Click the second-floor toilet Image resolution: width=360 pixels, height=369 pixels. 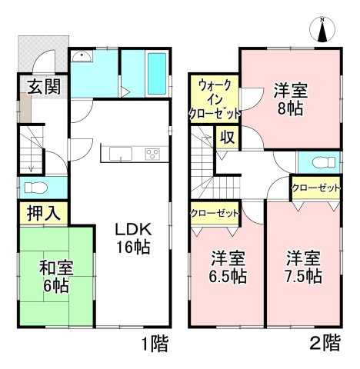pyautogui.click(x=318, y=163)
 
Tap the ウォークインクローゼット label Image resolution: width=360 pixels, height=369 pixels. pyautogui.click(x=212, y=98)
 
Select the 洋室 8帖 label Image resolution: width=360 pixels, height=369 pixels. pyautogui.click(x=289, y=98)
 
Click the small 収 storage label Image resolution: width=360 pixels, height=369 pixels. pyautogui.click(x=228, y=138)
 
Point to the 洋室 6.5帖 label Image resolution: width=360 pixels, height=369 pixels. pyautogui.click(x=228, y=267)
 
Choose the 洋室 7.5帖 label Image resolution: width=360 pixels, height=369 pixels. pyautogui.click(x=304, y=266)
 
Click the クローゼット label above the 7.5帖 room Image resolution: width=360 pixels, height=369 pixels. pyautogui.click(x=315, y=188)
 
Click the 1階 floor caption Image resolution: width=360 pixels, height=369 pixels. pyautogui.click(x=155, y=343)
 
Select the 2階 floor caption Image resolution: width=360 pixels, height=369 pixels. pyautogui.click(x=323, y=344)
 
